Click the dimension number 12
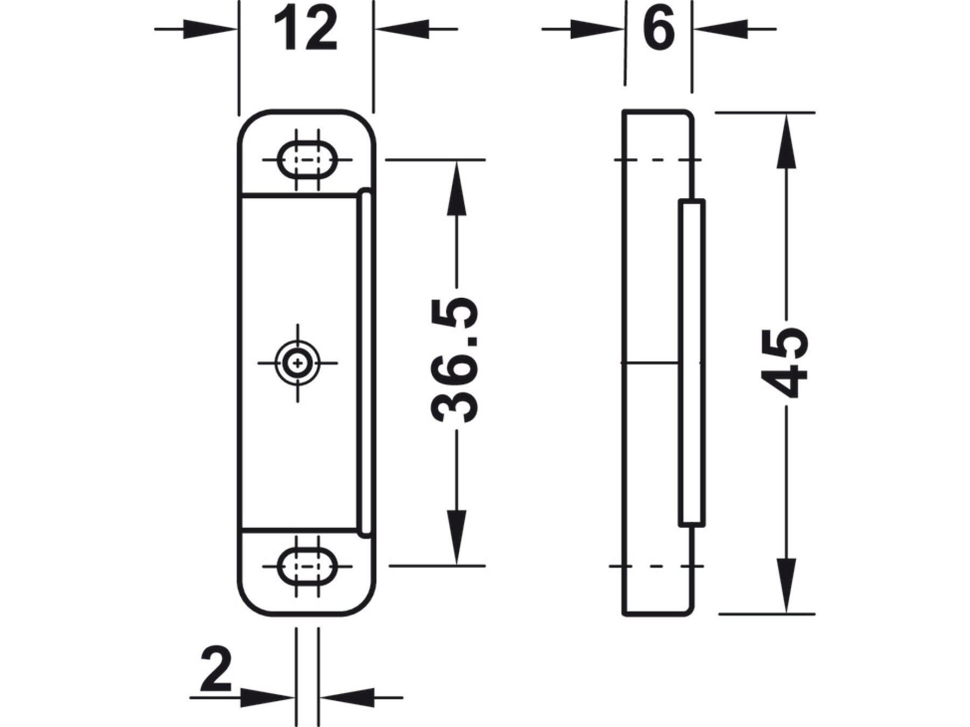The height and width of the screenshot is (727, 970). pyautogui.click(x=306, y=29)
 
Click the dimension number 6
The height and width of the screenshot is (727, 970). pyautogui.click(x=659, y=29)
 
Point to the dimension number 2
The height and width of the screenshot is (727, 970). pyautogui.click(x=216, y=669)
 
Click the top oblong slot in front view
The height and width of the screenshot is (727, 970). pyautogui.click(x=307, y=159)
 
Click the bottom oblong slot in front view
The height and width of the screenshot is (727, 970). pyautogui.click(x=307, y=566)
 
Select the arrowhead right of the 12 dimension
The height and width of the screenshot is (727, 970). pyautogui.click(x=402, y=29)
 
